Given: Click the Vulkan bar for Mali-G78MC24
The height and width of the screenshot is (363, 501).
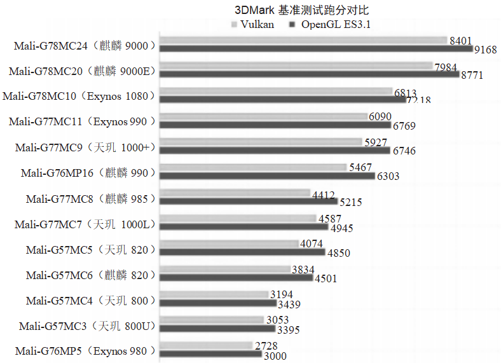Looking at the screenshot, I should [303, 41].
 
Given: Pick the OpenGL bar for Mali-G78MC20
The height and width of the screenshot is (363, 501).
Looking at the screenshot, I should [309, 74].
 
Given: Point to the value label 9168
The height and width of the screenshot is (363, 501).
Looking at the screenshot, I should [486, 49].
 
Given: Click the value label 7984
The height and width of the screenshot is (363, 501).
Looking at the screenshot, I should [446, 67].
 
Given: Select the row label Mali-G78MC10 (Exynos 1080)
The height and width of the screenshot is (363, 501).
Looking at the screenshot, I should [79, 96].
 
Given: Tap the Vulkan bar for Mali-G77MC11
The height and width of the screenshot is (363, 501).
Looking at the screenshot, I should [263, 117].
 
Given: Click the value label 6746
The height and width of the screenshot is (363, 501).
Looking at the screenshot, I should [404, 151].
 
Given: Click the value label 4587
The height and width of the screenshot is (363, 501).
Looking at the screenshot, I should [329, 219].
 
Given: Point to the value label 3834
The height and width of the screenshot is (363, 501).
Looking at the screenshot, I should [303, 270].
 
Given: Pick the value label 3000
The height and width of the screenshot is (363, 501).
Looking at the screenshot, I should [274, 357].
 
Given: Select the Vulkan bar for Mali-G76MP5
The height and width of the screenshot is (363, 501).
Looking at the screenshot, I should [207, 346].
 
